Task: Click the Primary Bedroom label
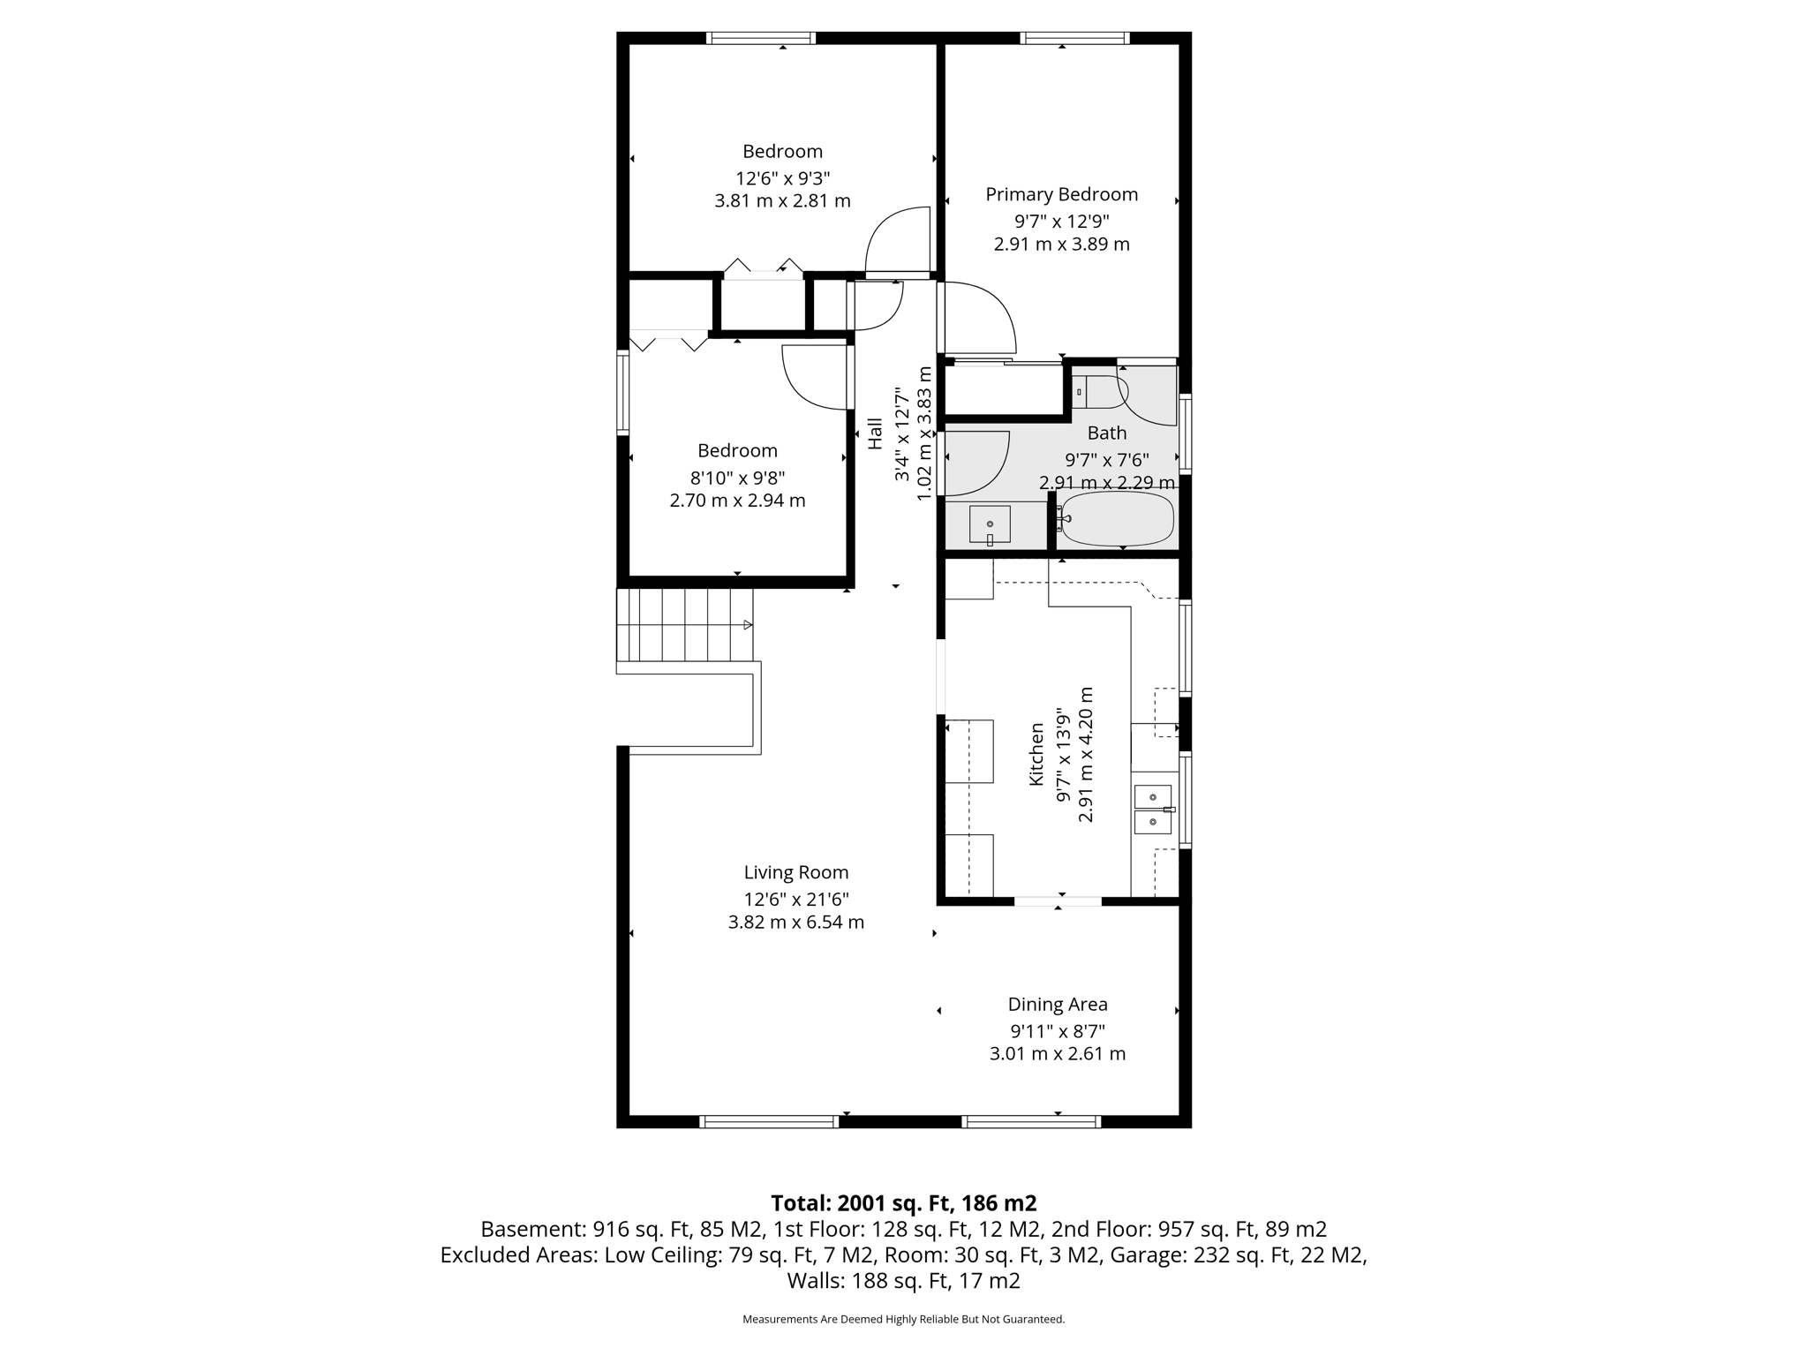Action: [1061, 194]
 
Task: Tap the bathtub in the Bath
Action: [1117, 519]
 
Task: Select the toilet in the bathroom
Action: [1097, 391]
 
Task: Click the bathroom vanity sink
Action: [990, 524]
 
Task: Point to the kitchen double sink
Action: [1152, 810]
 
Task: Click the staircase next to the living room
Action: [685, 625]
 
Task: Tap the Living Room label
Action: [795, 872]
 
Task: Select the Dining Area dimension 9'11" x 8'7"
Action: [1058, 1030]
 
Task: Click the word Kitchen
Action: [1036, 754]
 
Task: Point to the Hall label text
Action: [875, 433]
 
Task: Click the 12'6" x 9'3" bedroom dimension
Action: [782, 177]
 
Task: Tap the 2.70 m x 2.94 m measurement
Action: [737, 501]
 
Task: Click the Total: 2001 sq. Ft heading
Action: [903, 1202]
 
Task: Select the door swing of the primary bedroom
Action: [980, 318]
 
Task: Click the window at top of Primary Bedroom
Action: [1074, 38]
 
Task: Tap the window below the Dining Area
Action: [1030, 1121]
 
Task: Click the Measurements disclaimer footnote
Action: [903, 1319]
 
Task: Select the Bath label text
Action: [1106, 433]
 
